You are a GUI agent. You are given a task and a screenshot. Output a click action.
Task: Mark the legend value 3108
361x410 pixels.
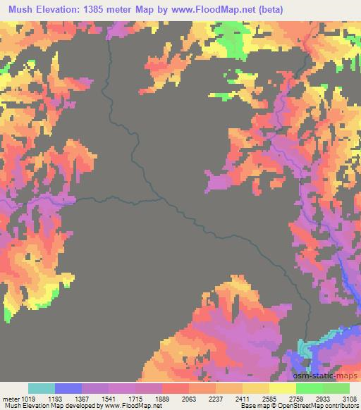[349, 398]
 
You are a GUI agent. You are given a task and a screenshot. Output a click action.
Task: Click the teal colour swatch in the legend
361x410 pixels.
[42, 388]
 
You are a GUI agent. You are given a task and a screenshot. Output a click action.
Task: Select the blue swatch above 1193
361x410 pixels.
[68, 388]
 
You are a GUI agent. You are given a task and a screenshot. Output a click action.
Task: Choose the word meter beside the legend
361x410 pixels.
[11, 398]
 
